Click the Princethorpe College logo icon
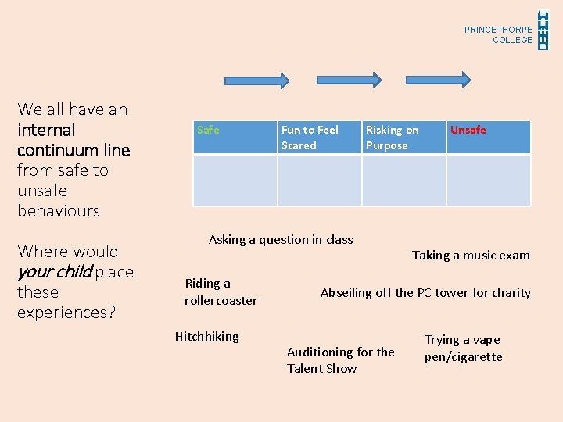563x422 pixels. pos(544,30)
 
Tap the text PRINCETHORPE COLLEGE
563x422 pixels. pos(498,34)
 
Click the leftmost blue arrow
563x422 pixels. pos(256,79)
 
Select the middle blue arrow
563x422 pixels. pos(348,79)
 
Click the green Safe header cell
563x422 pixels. pos(235,137)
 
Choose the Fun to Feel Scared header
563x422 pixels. pos(319,138)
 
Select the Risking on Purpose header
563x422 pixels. pos(403,138)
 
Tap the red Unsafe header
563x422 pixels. pos(488,137)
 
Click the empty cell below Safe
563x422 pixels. pos(235,181)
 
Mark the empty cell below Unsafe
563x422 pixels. pos(488,181)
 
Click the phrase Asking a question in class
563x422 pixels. pos(281,240)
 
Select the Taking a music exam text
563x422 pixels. pos(471,256)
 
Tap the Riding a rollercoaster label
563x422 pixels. pos(221,291)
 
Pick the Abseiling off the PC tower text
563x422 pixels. pos(425,293)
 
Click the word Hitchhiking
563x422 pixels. pos(206,337)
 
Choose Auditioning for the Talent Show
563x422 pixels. pos(340,360)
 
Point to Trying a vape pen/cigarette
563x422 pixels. pos(463,349)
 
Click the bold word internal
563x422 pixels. pos(46,130)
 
